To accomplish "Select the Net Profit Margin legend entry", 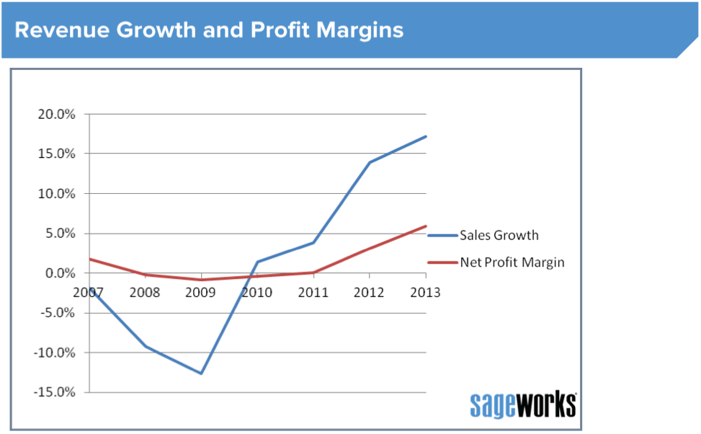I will click(x=512, y=262).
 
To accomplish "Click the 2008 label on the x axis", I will click(x=145, y=293).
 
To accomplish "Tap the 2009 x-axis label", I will click(x=201, y=293).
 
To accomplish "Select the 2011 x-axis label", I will click(x=313, y=293).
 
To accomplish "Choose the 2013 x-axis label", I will click(x=425, y=293).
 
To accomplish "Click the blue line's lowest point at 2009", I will click(x=201, y=373).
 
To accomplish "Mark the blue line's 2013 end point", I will click(x=426, y=136).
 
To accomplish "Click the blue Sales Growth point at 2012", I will click(x=370, y=162).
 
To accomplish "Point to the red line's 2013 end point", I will click(x=426, y=226).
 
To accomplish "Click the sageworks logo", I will click(x=523, y=404).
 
